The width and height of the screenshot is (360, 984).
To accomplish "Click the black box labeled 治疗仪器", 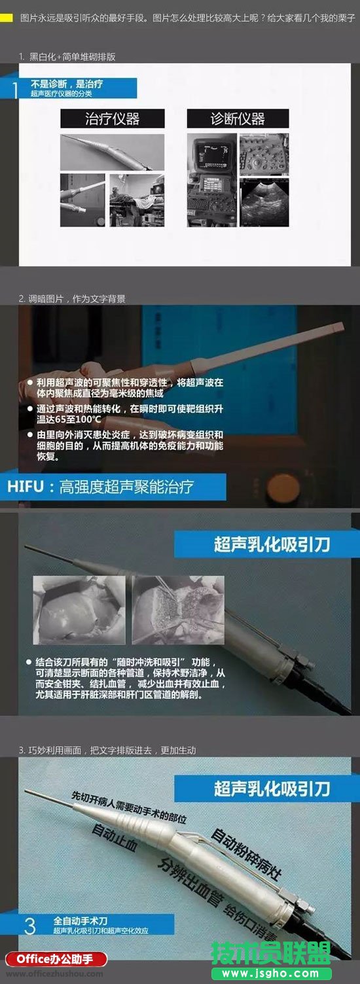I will click(x=112, y=118).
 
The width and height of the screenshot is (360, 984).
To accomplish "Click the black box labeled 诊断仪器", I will click(x=238, y=118).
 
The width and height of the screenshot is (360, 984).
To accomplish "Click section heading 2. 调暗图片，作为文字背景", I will click(x=72, y=298).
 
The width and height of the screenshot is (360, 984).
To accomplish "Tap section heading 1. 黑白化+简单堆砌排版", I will click(x=67, y=57).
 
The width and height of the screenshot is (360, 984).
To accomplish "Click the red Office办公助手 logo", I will click(x=54, y=959).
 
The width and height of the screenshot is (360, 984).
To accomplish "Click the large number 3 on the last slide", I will click(x=29, y=925).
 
